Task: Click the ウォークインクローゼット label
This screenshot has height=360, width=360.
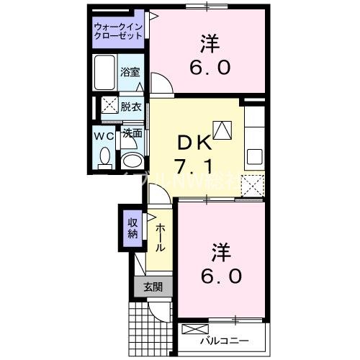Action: [x=118, y=32]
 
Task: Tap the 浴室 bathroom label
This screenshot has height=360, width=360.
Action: [x=130, y=73]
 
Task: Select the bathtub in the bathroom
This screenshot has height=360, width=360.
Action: [x=105, y=71]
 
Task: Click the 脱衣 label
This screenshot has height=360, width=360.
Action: [x=131, y=106]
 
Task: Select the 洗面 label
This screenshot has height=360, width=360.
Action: [x=131, y=133]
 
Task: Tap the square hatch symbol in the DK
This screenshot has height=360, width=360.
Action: [x=222, y=130]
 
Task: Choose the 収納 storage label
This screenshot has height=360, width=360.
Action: [x=133, y=228]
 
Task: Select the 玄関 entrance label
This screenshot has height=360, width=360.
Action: [x=153, y=287]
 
